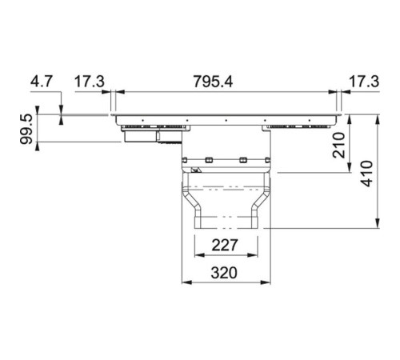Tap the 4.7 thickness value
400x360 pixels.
(x=42, y=81)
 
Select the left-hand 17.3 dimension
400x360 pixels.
(x=89, y=81)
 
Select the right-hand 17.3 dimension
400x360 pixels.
(x=363, y=81)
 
